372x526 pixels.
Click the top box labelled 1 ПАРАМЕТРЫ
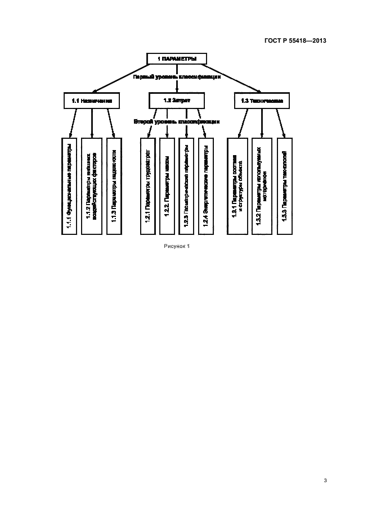click(x=177, y=58)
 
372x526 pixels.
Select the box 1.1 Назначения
click(x=92, y=101)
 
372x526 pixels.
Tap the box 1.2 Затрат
click(x=177, y=101)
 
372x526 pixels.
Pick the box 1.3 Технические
click(x=261, y=101)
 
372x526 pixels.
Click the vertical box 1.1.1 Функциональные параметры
click(x=69, y=185)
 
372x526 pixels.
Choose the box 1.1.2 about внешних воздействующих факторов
click(x=91, y=185)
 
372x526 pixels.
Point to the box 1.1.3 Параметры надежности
click(x=114, y=185)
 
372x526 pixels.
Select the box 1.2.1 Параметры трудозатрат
click(x=147, y=185)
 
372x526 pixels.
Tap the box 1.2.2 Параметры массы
click(x=167, y=185)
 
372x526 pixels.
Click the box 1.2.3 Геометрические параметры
click(x=186, y=185)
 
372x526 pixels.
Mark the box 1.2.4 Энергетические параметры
click(x=206, y=185)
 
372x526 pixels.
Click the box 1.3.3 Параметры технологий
click(x=285, y=185)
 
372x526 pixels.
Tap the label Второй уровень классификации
click(x=176, y=121)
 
